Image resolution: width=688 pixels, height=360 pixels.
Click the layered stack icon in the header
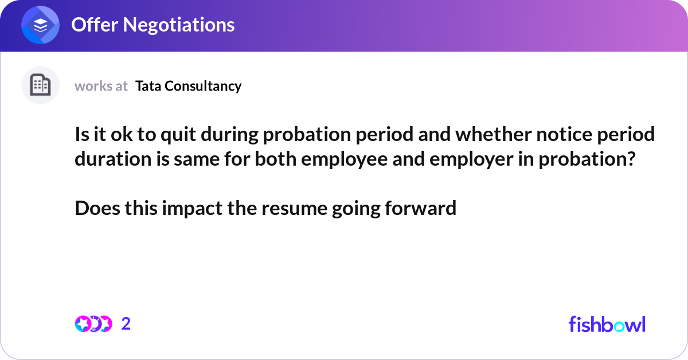[x=41, y=25]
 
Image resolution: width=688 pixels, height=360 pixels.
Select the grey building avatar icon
[x=40, y=85]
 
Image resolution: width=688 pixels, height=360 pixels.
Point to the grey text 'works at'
[x=101, y=86]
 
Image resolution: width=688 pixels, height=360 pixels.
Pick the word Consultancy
[x=203, y=86]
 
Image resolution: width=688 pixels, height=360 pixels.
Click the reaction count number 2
[x=126, y=324]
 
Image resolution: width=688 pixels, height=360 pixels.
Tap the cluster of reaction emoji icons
[x=93, y=324]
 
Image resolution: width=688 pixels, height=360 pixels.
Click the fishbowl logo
[x=607, y=324]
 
